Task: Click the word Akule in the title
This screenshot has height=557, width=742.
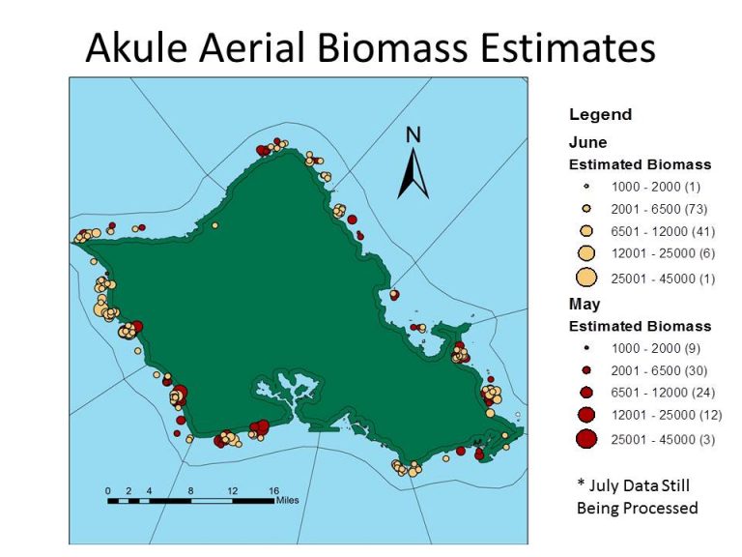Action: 136,47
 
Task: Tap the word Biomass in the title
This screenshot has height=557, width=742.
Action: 392,47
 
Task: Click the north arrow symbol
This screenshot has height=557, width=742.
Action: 414,173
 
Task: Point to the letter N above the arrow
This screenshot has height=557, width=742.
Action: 414,135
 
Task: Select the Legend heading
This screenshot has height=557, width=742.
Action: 600,115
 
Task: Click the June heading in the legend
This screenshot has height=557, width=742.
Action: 587,142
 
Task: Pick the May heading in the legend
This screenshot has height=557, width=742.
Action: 585,305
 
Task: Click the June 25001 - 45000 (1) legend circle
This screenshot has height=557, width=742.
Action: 586,278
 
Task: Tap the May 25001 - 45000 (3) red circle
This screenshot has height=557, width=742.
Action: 586,439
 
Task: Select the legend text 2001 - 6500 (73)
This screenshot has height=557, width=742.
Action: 659,209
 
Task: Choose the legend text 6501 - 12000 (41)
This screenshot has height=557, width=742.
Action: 663,231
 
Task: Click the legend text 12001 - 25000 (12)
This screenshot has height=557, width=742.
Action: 667,415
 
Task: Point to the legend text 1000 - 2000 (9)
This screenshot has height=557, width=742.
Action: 655,348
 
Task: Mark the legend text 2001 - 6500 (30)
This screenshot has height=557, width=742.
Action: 659,370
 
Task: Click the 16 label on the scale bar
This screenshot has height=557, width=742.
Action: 274,490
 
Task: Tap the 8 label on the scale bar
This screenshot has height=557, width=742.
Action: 190,490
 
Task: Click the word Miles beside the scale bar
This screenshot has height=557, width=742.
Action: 287,500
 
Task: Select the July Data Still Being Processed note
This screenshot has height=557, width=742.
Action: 637,496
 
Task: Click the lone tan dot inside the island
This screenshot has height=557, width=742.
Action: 214,226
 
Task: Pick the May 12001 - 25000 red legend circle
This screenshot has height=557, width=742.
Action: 586,415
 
